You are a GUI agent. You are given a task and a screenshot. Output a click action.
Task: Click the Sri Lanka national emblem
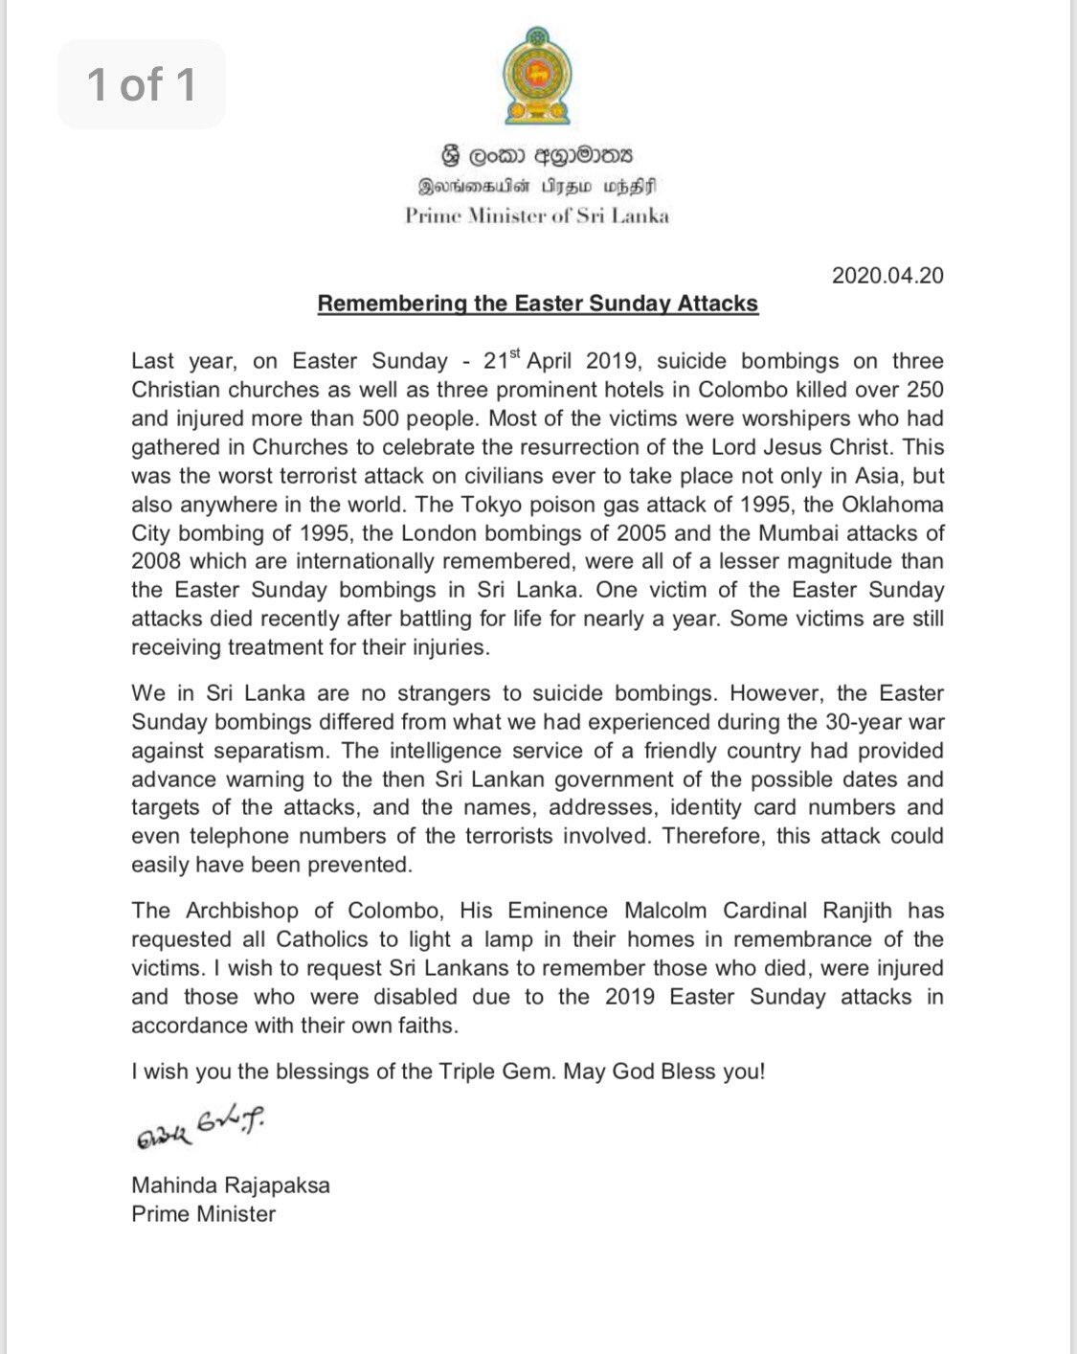(537, 76)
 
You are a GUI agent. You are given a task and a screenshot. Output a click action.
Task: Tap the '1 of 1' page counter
(142, 84)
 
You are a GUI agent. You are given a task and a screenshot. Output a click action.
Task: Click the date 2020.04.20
(887, 276)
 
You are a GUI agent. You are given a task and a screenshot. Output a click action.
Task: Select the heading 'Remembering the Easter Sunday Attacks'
(538, 305)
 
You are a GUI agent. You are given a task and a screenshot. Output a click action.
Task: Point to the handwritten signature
(199, 1128)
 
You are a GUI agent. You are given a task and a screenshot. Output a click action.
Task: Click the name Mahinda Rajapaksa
(231, 1185)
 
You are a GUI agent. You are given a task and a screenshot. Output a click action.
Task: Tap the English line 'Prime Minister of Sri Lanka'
(537, 215)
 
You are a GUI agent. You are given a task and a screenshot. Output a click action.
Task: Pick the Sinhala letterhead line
(537, 155)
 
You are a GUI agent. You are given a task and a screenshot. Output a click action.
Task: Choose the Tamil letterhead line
(537, 186)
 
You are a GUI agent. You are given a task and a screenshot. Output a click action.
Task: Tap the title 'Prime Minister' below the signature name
(204, 1214)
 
